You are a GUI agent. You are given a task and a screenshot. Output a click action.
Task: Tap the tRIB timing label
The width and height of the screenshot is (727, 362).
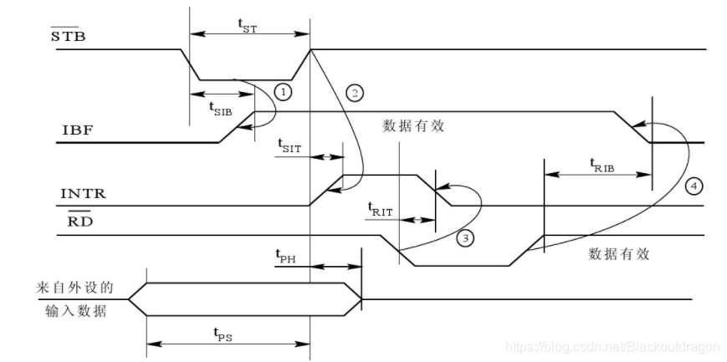[602, 164]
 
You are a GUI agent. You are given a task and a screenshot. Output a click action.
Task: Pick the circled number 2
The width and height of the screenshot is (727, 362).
[355, 93]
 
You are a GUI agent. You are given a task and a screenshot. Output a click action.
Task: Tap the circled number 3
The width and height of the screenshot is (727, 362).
[467, 238]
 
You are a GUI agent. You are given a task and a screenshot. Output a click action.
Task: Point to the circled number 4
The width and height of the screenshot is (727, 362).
[692, 185]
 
